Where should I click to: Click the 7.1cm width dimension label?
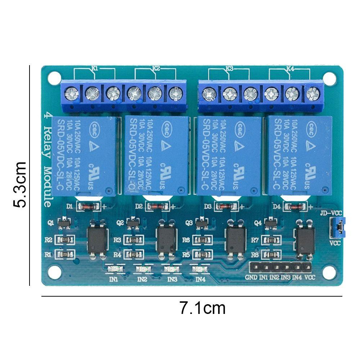tap(202, 309)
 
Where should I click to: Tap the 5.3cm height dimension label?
tap(20, 184)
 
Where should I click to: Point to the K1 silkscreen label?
tap(85, 68)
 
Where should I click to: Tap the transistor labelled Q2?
tap(133, 224)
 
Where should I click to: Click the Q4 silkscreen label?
tap(257, 223)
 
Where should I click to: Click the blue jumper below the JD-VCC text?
tap(339, 228)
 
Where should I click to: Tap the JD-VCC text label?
tap(331, 213)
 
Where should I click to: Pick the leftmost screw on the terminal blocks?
tap(69, 94)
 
